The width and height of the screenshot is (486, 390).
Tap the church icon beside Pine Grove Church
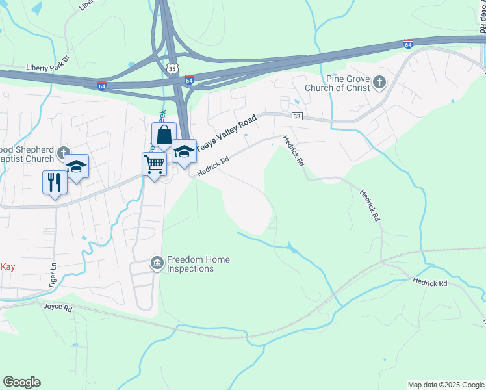pyautogui.click(x=379, y=83)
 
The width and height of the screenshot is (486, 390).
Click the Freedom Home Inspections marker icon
pyautogui.click(x=157, y=263)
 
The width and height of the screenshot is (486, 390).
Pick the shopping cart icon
pyautogui.click(x=153, y=164)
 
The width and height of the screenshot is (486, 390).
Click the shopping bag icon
pyautogui.click(x=164, y=135)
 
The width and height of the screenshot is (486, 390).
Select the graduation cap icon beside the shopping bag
pyautogui.click(x=185, y=151)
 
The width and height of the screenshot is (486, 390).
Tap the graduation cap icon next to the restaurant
pyautogui.click(x=77, y=167)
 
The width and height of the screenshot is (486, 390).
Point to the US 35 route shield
pyautogui.click(x=172, y=68)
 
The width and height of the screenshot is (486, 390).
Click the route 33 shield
pyautogui.click(x=297, y=116)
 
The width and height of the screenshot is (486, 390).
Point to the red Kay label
pyautogui.click(x=7, y=266)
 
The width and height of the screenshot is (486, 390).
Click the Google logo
pyautogui.click(x=21, y=382)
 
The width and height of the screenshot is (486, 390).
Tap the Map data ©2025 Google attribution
pyautogui.click(x=446, y=385)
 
